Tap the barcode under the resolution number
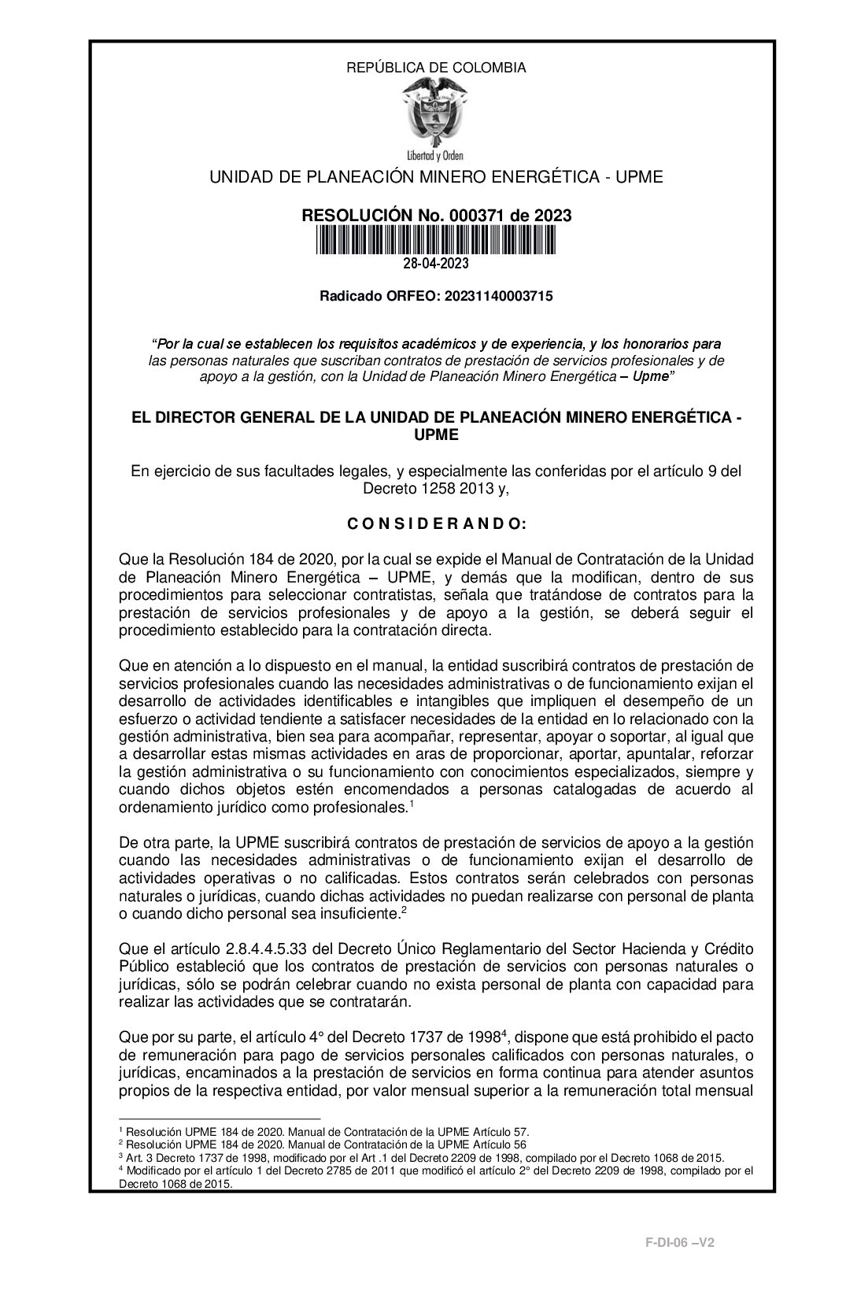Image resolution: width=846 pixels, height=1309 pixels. coord(436,240)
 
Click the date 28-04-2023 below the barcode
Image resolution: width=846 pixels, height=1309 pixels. coord(436,264)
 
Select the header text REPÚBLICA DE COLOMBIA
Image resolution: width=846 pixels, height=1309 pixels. coord(436,68)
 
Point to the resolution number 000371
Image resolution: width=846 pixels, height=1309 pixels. coord(471,216)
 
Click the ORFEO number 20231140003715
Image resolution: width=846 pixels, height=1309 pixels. coord(499,296)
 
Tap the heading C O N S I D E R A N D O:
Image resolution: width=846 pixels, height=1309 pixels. coord(436,524)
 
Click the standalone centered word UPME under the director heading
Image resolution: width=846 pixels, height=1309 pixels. coord(436,434)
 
